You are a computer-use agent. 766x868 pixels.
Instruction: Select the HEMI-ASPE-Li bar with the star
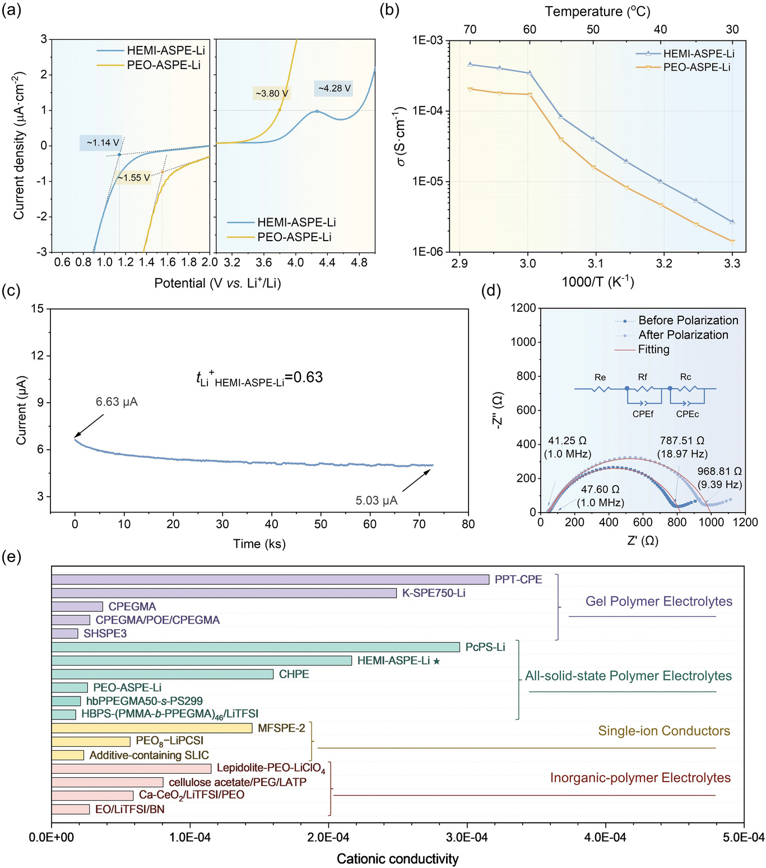tap(202, 661)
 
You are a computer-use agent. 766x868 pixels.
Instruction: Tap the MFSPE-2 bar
tap(152, 728)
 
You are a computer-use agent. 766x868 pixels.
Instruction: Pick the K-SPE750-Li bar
tap(224, 593)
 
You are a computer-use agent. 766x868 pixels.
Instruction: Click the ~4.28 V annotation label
tap(334, 89)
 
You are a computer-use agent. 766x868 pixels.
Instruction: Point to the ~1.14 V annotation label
tap(103, 143)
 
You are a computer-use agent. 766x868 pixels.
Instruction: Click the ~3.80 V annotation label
tap(272, 94)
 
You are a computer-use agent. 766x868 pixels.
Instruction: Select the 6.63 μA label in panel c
tap(117, 402)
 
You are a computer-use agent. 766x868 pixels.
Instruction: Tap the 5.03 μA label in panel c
tap(377, 500)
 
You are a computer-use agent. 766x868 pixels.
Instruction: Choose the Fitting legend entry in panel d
tap(653, 349)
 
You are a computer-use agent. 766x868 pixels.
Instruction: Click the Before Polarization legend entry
tap(688, 320)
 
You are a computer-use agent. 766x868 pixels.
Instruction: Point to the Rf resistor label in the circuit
tap(643, 377)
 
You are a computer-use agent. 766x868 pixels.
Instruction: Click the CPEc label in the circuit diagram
tap(687, 414)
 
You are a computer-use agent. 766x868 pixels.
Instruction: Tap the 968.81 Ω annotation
tap(719, 472)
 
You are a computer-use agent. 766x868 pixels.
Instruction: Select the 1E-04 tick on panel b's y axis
tap(427, 111)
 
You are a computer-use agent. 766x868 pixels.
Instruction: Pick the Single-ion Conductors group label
tap(664, 731)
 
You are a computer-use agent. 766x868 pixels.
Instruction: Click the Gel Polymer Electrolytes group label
tap(659, 601)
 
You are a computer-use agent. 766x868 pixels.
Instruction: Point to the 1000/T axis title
tap(598, 281)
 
